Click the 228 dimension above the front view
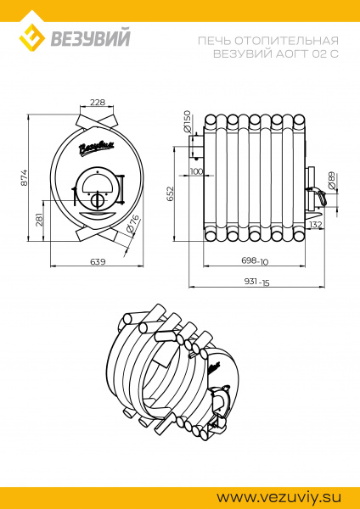pos(98,103)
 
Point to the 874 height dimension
pos(25,177)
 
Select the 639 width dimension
pos(98,261)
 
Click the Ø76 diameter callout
pos(133,223)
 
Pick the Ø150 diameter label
pos(187,121)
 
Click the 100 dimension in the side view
pos(196,171)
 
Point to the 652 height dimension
pos(171,194)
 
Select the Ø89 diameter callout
pos(332,182)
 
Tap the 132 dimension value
pos(316,224)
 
